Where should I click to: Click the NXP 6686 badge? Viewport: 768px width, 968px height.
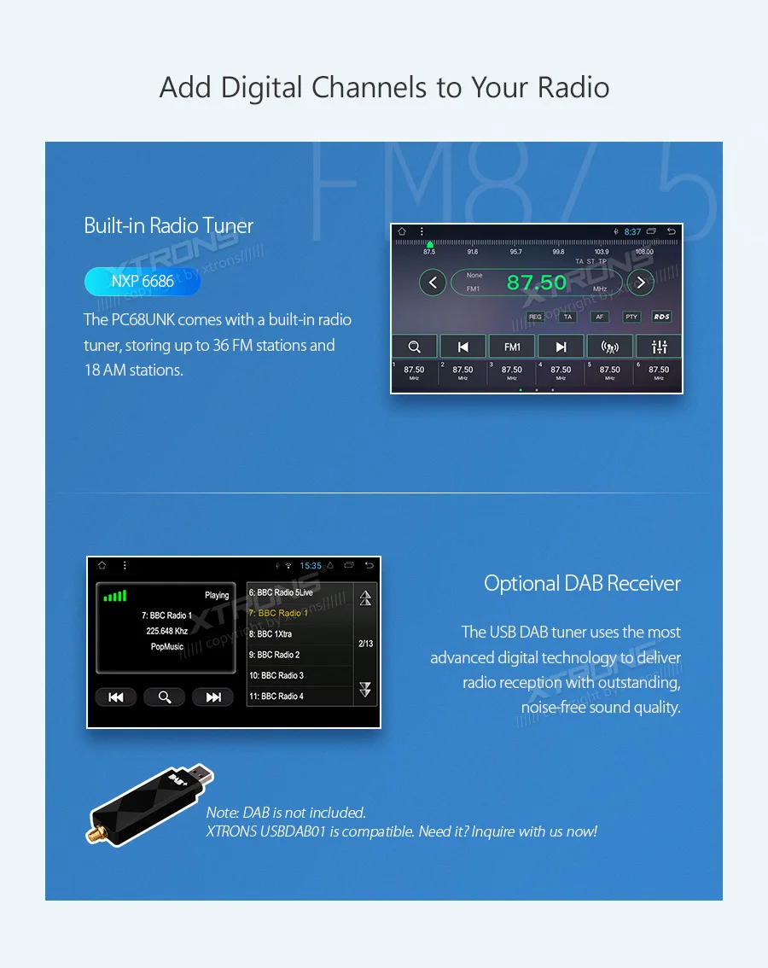coord(142,282)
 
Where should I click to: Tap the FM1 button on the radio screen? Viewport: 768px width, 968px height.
coord(512,347)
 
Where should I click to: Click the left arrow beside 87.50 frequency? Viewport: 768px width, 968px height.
coord(433,282)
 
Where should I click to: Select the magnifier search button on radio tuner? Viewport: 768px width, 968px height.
coord(415,347)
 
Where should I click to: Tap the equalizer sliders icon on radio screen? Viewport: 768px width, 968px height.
coord(659,347)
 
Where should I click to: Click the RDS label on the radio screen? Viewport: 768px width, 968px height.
coord(661,317)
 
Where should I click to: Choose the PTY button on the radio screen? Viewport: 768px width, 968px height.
coord(631,317)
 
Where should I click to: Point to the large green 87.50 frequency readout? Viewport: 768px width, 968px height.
coord(537,283)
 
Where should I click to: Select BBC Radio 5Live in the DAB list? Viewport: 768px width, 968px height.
coord(281,592)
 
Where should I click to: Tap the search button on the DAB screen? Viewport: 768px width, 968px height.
coord(165,697)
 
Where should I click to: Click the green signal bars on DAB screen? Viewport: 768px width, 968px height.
coord(115,596)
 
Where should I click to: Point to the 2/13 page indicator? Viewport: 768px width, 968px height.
coord(365,644)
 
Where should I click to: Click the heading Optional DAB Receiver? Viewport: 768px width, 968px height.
coord(582,584)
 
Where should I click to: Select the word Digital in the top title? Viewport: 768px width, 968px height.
coord(262,88)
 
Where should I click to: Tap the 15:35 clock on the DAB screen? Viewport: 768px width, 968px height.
coord(311,566)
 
